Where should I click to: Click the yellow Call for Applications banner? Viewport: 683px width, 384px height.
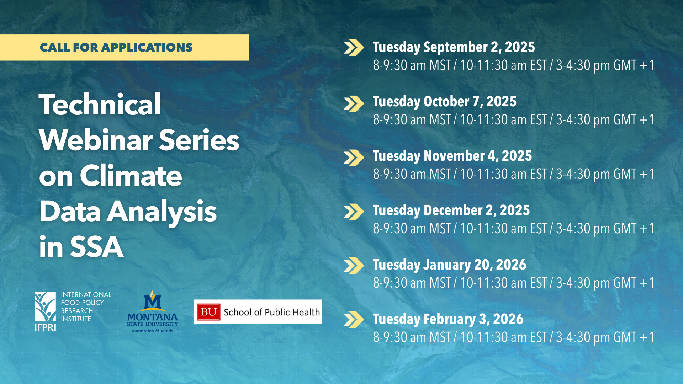point(125,47)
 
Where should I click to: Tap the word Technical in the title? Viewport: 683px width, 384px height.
point(100,105)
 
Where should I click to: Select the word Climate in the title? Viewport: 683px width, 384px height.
point(131,176)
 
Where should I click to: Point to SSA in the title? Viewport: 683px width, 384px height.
point(97,247)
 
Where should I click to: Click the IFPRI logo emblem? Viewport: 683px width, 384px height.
point(45,311)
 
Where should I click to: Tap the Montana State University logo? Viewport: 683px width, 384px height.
point(152,312)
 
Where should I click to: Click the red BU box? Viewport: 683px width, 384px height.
point(208,312)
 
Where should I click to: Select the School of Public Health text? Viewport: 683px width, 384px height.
point(272,312)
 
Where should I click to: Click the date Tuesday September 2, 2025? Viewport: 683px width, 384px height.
point(454,47)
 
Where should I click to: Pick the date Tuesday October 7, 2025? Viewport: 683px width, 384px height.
point(444,102)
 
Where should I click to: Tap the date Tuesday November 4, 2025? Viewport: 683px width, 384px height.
point(452,156)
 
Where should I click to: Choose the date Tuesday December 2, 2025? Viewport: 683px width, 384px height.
point(451,210)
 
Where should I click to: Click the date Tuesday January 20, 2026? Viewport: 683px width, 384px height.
point(449,265)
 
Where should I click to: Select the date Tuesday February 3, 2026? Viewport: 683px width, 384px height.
point(448,319)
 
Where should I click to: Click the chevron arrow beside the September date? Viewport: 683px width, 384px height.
point(354,48)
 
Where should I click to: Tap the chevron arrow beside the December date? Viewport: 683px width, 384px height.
point(354,211)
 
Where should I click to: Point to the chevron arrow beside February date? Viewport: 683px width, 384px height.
point(354,320)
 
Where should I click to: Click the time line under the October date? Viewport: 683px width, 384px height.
point(514,120)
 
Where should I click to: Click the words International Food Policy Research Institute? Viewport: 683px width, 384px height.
point(86,307)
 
